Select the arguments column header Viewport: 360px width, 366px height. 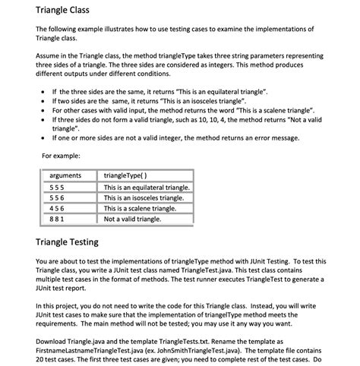64,176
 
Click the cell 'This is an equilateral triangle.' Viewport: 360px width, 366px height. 147,188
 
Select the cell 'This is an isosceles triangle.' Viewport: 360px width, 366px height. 144,198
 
